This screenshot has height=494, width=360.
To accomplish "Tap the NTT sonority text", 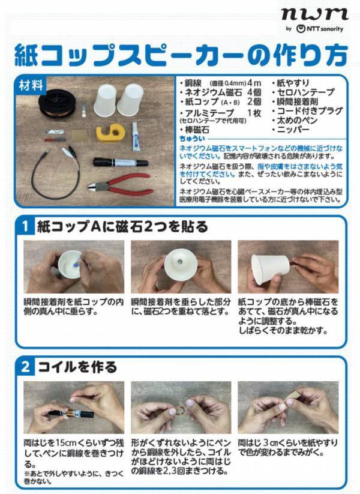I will [325, 29].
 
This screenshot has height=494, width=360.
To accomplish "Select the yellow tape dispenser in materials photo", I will [111, 133].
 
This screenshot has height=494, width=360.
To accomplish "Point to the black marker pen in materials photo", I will [120, 162].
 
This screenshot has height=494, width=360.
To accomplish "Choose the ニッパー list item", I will [292, 129].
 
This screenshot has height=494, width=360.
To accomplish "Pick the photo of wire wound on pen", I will [74, 406].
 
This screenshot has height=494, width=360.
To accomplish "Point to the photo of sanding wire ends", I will [288, 406].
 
